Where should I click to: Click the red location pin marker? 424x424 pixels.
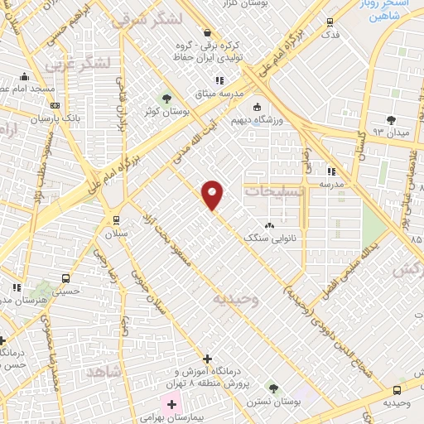pyautogui.click(x=213, y=195)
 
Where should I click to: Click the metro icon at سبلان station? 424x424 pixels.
pyautogui.click(x=115, y=220)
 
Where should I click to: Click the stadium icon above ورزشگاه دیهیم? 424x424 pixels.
pyautogui.click(x=258, y=107)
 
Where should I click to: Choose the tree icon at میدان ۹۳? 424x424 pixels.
pyautogui.click(x=390, y=120)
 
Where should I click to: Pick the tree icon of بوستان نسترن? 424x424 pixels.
pyautogui.click(x=272, y=388)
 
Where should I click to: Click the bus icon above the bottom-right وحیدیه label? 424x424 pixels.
pyautogui.click(x=397, y=390)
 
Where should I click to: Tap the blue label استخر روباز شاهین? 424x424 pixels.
pyautogui.click(x=387, y=8)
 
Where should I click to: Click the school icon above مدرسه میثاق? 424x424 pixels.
pyautogui.click(x=219, y=80)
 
